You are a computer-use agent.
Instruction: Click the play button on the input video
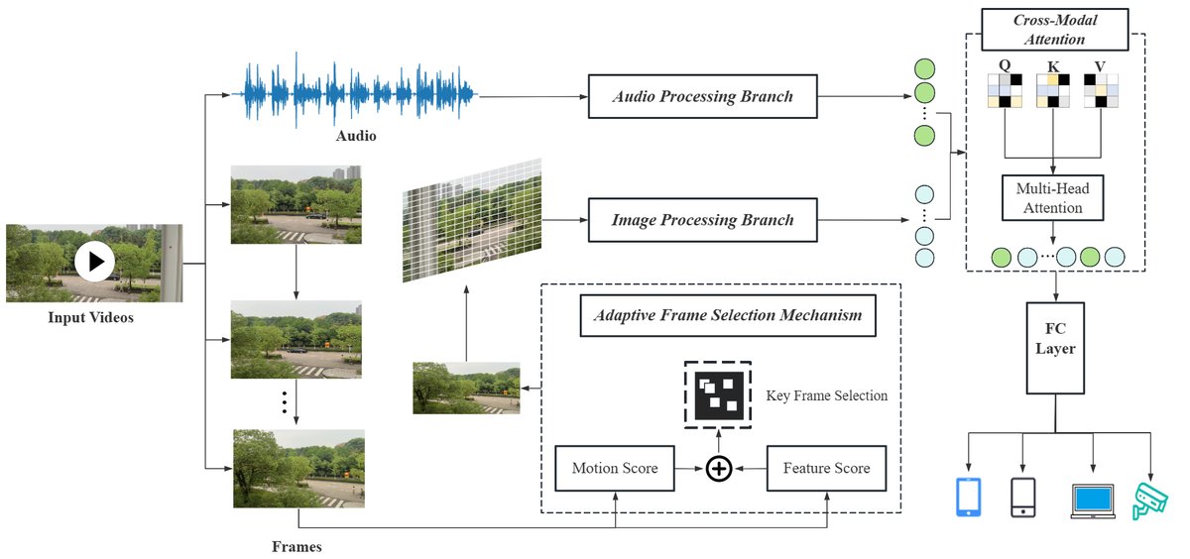pyautogui.click(x=94, y=262)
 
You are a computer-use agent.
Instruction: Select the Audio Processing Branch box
pyautogui.click(x=702, y=96)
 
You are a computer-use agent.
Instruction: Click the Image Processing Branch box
pyautogui.click(x=702, y=219)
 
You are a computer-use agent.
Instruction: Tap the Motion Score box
pyautogui.click(x=615, y=468)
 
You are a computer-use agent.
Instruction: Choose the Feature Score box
pyautogui.click(x=826, y=468)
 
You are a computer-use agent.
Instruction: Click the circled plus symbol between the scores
pyautogui.click(x=719, y=469)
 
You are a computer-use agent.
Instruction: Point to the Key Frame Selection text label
pyautogui.click(x=826, y=395)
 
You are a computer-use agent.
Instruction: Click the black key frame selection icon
pyautogui.click(x=718, y=395)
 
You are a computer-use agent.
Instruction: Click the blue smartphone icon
pyautogui.click(x=968, y=497)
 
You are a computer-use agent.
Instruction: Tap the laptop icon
pyautogui.click(x=1093, y=501)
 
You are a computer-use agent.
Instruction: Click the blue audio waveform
pyautogui.click(x=355, y=94)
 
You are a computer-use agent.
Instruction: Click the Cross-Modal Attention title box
pyautogui.click(x=1055, y=30)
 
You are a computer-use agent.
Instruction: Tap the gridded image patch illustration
pyautogui.click(x=472, y=219)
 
